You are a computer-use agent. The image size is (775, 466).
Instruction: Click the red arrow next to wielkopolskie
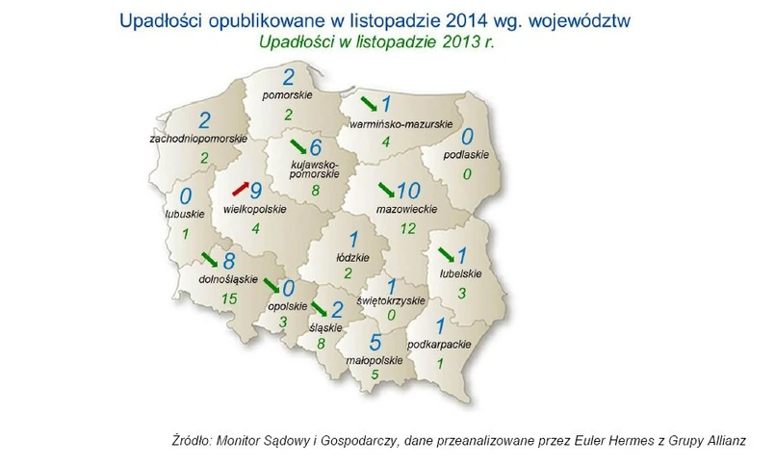click(x=241, y=189)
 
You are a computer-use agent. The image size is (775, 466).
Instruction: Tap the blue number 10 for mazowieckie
click(x=408, y=191)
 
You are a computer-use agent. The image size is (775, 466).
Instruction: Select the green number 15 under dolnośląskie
click(x=229, y=298)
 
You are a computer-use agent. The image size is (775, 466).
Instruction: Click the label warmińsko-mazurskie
click(x=400, y=124)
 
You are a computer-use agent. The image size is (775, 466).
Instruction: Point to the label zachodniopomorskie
click(x=198, y=139)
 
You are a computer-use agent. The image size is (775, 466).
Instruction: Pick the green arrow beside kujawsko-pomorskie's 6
click(x=298, y=146)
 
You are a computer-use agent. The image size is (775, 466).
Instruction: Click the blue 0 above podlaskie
click(x=467, y=137)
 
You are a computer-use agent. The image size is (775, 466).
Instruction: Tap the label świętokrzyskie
click(x=391, y=300)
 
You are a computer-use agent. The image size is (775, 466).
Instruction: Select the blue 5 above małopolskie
click(x=375, y=342)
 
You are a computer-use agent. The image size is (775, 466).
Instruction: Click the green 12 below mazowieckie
click(x=408, y=228)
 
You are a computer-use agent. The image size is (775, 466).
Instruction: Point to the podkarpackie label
click(x=439, y=345)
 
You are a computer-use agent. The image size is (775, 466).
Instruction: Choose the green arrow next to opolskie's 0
click(x=271, y=286)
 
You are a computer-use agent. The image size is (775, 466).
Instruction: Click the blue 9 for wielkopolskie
click(x=256, y=191)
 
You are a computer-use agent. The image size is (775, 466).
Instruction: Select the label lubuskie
click(x=185, y=214)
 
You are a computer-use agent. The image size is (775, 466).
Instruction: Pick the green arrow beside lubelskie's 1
click(x=447, y=255)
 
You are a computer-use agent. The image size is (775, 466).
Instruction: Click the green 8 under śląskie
click(x=322, y=343)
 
